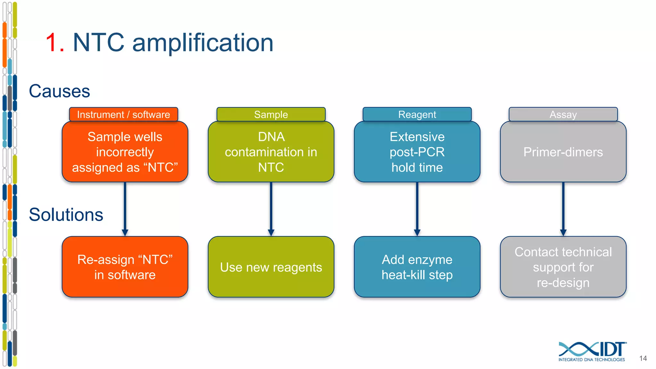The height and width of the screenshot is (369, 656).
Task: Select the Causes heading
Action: pyautogui.click(x=59, y=91)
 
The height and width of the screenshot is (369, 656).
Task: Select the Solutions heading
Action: pyautogui.click(x=66, y=215)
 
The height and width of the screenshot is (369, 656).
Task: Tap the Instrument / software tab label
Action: pyautogui.click(x=124, y=114)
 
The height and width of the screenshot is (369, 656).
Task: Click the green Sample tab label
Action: pyautogui.click(x=271, y=114)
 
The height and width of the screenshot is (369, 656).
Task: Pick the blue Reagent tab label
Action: pyautogui.click(x=417, y=114)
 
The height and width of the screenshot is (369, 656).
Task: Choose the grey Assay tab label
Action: pyautogui.click(x=563, y=114)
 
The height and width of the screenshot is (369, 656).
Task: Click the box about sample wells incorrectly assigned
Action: pyautogui.click(x=125, y=152)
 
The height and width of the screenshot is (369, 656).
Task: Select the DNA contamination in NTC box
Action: pyautogui.click(x=271, y=152)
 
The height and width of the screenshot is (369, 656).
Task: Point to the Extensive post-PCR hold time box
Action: pyautogui.click(x=417, y=152)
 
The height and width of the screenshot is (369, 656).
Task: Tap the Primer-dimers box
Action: pyautogui.click(x=563, y=152)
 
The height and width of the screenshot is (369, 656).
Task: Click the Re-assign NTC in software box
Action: pyautogui.click(x=125, y=267)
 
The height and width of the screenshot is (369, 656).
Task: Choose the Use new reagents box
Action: pyautogui.click(x=271, y=267)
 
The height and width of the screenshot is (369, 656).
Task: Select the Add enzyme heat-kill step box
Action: pyautogui.click(x=417, y=267)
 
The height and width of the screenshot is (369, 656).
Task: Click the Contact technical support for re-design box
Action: pyautogui.click(x=563, y=267)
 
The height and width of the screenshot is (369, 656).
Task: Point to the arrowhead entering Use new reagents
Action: pyautogui.click(x=271, y=233)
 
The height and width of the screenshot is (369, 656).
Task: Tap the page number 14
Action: pyautogui.click(x=643, y=358)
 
